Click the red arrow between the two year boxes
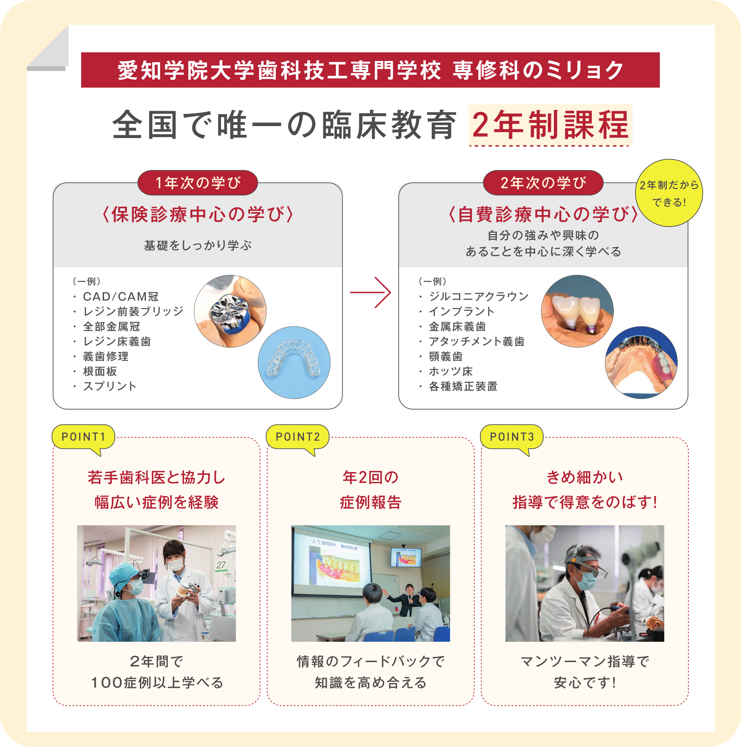point(370,292)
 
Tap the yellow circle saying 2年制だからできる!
point(669,193)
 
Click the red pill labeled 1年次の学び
point(197,183)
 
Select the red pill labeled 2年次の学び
point(543,183)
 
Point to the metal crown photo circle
point(230,311)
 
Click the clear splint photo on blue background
point(294,363)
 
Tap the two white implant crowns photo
point(577,311)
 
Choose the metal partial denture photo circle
point(641,363)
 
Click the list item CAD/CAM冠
point(121,296)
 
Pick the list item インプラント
point(461,311)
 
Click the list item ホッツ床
point(451,371)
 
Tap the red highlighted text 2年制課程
point(550,125)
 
